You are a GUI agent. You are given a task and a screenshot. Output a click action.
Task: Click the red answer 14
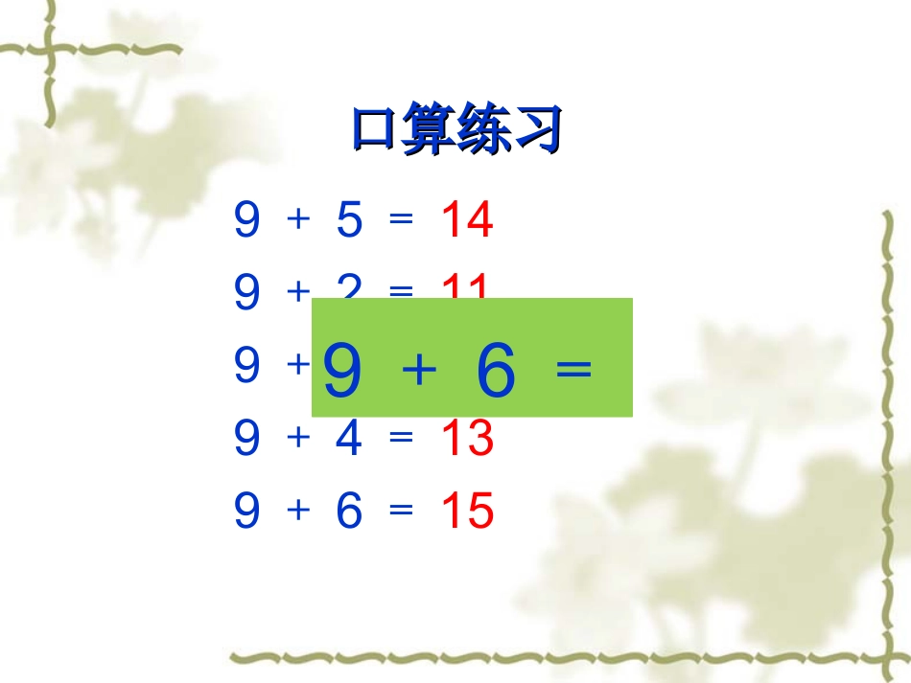coord(467,221)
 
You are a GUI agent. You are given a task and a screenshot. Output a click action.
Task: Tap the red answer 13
coord(467,438)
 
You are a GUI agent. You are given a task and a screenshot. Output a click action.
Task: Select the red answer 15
coord(467,512)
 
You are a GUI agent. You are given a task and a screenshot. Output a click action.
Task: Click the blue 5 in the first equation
coord(349,221)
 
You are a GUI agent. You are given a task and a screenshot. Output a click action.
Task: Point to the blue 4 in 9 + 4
coord(349,438)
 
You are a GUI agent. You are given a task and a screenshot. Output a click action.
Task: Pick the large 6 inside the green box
coord(496,372)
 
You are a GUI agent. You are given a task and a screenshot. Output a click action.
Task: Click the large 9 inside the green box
coord(342,372)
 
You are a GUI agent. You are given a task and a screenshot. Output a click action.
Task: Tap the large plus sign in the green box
coord(419,373)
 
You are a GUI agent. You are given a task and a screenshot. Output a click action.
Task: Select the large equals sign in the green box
coord(573,370)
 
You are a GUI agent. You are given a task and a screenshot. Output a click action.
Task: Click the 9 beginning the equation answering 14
coord(246,221)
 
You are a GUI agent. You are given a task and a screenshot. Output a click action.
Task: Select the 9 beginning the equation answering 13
coord(246,438)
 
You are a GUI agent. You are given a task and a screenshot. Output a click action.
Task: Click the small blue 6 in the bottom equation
coord(349,512)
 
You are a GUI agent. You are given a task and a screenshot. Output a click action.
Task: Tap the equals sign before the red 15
coord(401,511)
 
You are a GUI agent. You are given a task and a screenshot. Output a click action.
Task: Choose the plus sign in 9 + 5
coord(298,220)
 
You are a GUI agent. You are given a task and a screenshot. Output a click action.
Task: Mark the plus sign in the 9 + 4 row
coord(298,437)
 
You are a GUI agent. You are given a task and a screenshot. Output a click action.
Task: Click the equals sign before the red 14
coord(401,220)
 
